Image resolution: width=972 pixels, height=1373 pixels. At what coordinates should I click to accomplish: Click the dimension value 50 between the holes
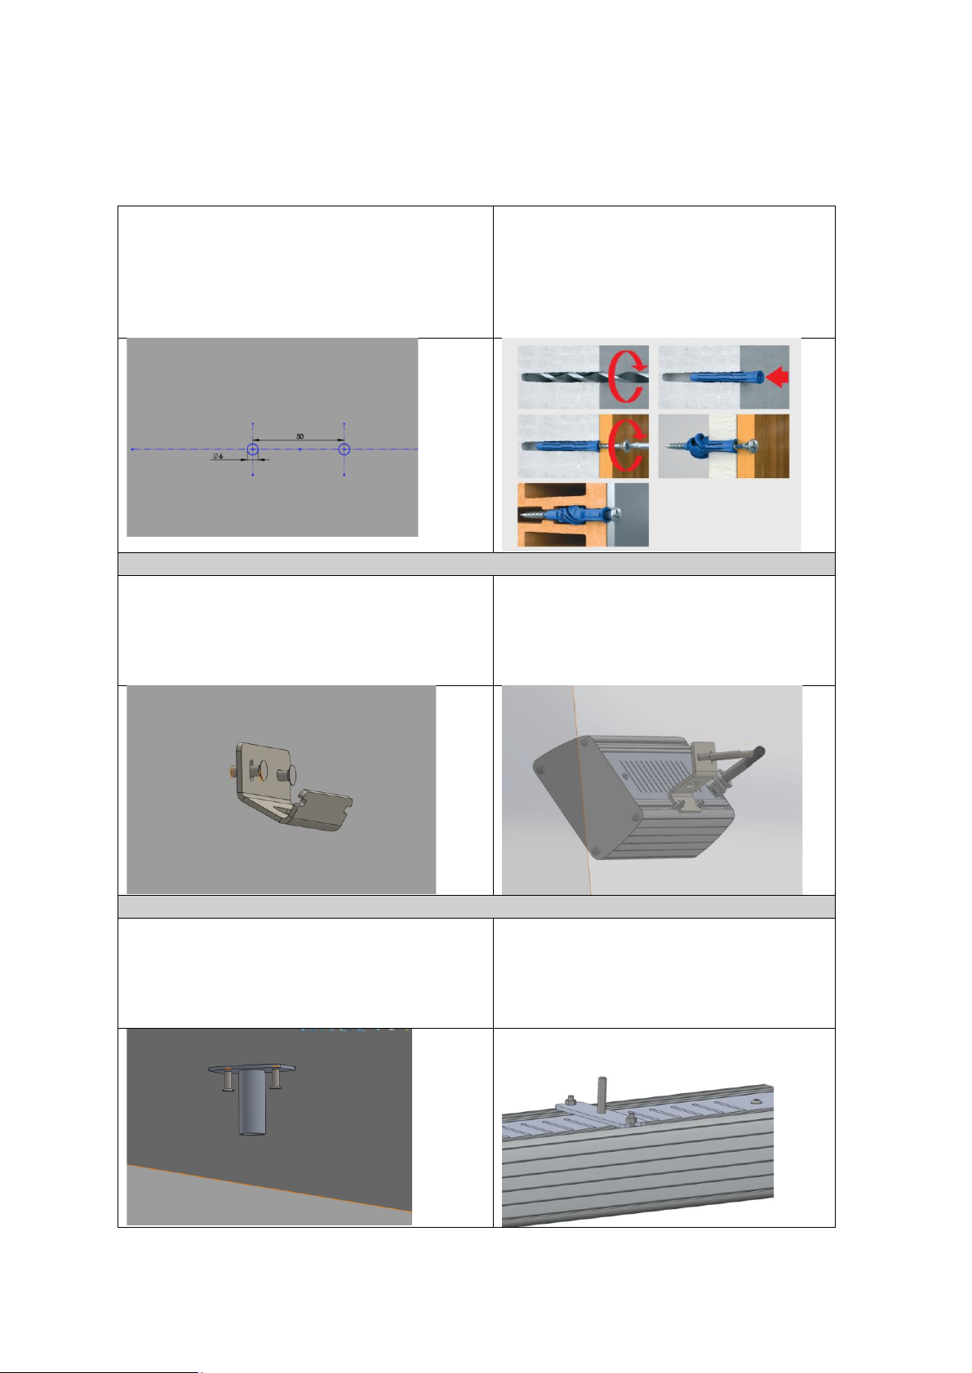pyautogui.click(x=300, y=436)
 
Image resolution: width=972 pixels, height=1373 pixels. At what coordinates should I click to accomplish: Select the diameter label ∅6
pyautogui.click(x=218, y=457)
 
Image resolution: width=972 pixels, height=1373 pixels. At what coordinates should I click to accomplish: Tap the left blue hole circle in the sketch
pyautogui.click(x=253, y=450)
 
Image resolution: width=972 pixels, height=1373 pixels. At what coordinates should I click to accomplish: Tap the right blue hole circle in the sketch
pyautogui.click(x=344, y=450)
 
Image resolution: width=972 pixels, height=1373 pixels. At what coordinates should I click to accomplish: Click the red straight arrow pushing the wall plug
pyautogui.click(x=777, y=376)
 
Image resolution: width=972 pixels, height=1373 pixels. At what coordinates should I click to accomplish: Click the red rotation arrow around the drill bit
pyautogui.click(x=627, y=375)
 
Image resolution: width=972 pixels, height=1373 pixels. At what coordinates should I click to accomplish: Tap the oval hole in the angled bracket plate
pyautogui.click(x=263, y=769)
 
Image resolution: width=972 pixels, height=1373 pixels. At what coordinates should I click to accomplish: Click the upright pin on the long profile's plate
pyautogui.click(x=602, y=1093)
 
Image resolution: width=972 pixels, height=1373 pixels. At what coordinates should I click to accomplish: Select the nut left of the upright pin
pyautogui.click(x=570, y=1098)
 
